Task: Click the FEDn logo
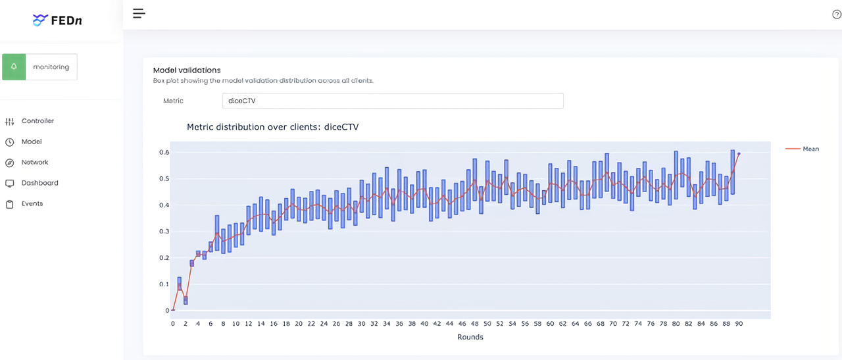(57, 20)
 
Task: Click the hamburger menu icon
(139, 13)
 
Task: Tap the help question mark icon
(837, 14)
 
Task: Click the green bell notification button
(14, 67)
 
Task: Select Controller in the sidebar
(37, 121)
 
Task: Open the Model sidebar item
(32, 141)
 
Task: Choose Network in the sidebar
(35, 163)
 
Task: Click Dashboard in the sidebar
(39, 183)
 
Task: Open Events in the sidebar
(32, 204)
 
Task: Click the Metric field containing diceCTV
(393, 101)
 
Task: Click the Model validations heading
(187, 70)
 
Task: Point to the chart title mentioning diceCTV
(272, 127)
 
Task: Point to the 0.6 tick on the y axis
(164, 152)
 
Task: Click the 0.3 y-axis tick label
(164, 231)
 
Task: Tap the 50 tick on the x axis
(487, 324)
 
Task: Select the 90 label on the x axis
(739, 324)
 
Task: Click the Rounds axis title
(470, 337)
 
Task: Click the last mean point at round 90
(739, 153)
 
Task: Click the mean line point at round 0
(173, 310)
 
